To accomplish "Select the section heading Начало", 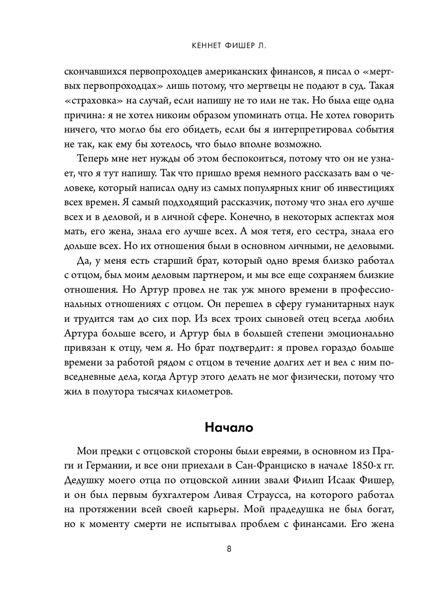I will coord(229,427).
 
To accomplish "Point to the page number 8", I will coord(229,548).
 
